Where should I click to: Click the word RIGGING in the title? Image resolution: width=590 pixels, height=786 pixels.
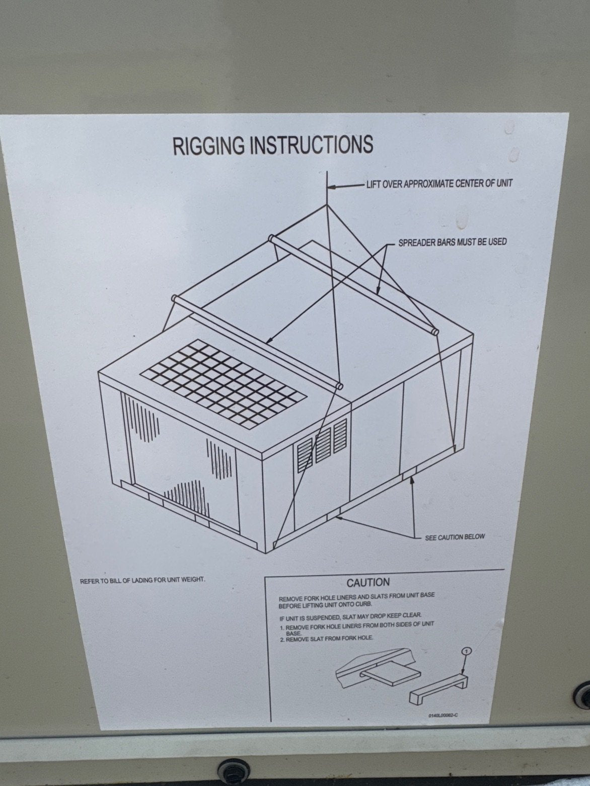tap(209, 145)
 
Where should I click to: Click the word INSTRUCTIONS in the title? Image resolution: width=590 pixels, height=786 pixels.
tap(311, 144)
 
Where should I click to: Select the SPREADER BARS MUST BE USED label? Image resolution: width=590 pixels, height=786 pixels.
tap(452, 242)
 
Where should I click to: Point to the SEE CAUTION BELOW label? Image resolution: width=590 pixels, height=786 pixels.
tap(455, 537)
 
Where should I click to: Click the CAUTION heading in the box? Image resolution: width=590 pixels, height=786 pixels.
tap(368, 583)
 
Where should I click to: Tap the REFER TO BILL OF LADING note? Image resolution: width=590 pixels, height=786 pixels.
tap(142, 580)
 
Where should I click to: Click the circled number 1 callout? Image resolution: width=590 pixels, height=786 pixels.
tap(466, 651)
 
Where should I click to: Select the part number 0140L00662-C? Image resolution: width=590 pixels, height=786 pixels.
tap(443, 715)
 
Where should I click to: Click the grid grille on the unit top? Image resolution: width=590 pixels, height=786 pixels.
tap(223, 381)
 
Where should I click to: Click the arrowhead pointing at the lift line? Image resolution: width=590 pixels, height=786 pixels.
tap(332, 186)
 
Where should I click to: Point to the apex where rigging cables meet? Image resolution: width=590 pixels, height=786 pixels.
tap(327, 205)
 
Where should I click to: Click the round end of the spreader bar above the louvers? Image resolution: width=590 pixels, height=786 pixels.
tap(339, 386)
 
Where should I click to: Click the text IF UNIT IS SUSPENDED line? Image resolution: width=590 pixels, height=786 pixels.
tap(350, 615)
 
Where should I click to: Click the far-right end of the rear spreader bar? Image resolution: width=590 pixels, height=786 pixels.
tap(434, 331)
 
